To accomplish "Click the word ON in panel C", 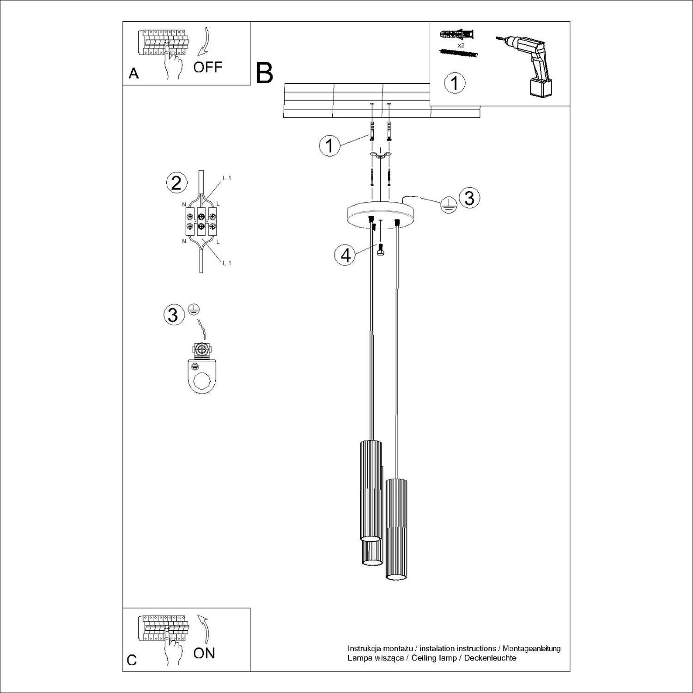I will [x=204, y=653].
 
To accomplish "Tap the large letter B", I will [x=264, y=73].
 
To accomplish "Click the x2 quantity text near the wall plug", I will [x=461, y=46].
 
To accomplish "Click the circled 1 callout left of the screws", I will [x=329, y=146].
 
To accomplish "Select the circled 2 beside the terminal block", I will [x=176, y=183].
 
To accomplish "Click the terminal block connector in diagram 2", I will [x=201, y=220].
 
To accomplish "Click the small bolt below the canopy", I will [x=380, y=249].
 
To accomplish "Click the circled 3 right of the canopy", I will [x=469, y=198].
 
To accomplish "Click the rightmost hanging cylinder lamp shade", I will [x=397, y=529].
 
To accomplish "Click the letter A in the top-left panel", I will [x=134, y=73].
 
